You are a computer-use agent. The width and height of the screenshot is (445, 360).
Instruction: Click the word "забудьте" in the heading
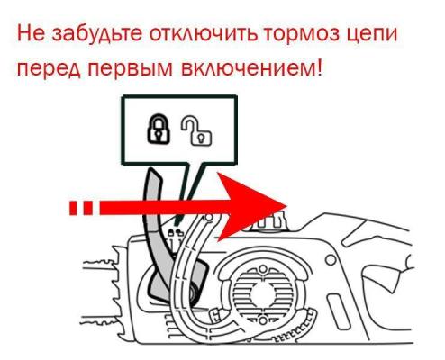(97, 33)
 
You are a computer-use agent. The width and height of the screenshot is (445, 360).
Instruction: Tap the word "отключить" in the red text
(204, 34)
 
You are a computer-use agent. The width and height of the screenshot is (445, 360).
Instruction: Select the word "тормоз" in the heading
(301, 34)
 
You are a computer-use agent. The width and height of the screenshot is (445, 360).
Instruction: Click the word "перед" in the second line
(49, 69)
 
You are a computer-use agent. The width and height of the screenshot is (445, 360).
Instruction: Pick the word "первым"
(131, 68)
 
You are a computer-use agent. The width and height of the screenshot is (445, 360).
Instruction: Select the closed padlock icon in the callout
(159, 128)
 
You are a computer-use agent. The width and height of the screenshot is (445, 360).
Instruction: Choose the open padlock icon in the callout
(196, 131)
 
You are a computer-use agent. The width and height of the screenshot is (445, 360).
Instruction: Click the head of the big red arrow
(252, 206)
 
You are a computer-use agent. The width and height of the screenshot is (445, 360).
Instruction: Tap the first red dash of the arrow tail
(73, 208)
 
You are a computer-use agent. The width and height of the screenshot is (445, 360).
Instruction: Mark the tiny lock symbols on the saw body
(175, 231)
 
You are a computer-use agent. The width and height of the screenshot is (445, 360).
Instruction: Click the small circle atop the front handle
(209, 217)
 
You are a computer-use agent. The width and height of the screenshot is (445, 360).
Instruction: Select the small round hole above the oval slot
(331, 260)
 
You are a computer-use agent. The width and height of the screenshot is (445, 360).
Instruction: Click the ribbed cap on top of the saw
(272, 223)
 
